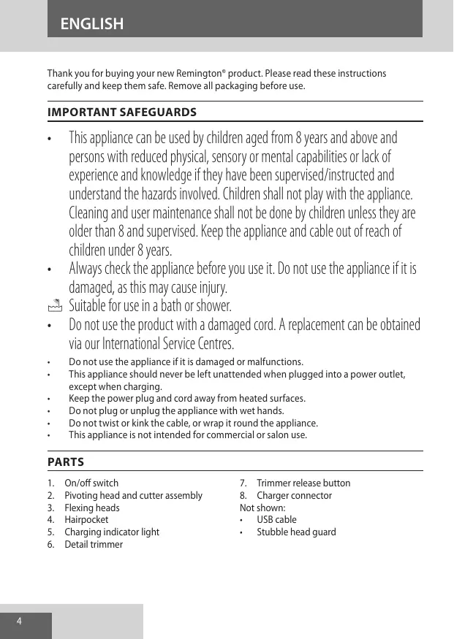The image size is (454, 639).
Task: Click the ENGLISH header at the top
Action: [x=92, y=24]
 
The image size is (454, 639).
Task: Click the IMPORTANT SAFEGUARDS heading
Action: [x=121, y=112]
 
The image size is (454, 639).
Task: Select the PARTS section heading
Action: [x=66, y=462]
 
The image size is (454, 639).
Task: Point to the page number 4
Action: [x=20, y=621]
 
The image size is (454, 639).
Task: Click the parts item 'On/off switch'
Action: [x=91, y=483]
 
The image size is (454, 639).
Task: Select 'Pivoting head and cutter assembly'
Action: [x=133, y=495]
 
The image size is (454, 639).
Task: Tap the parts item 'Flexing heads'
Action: [x=92, y=508]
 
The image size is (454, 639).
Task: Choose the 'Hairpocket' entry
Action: [x=86, y=519]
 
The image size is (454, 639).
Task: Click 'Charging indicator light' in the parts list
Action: [x=112, y=532]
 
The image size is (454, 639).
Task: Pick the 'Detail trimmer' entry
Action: [x=94, y=544]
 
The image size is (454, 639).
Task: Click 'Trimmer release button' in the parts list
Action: [x=303, y=483]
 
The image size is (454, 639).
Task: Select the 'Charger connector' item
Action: [x=294, y=495]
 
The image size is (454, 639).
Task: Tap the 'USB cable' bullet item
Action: [x=276, y=519]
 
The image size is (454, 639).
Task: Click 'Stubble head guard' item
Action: [x=296, y=532]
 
